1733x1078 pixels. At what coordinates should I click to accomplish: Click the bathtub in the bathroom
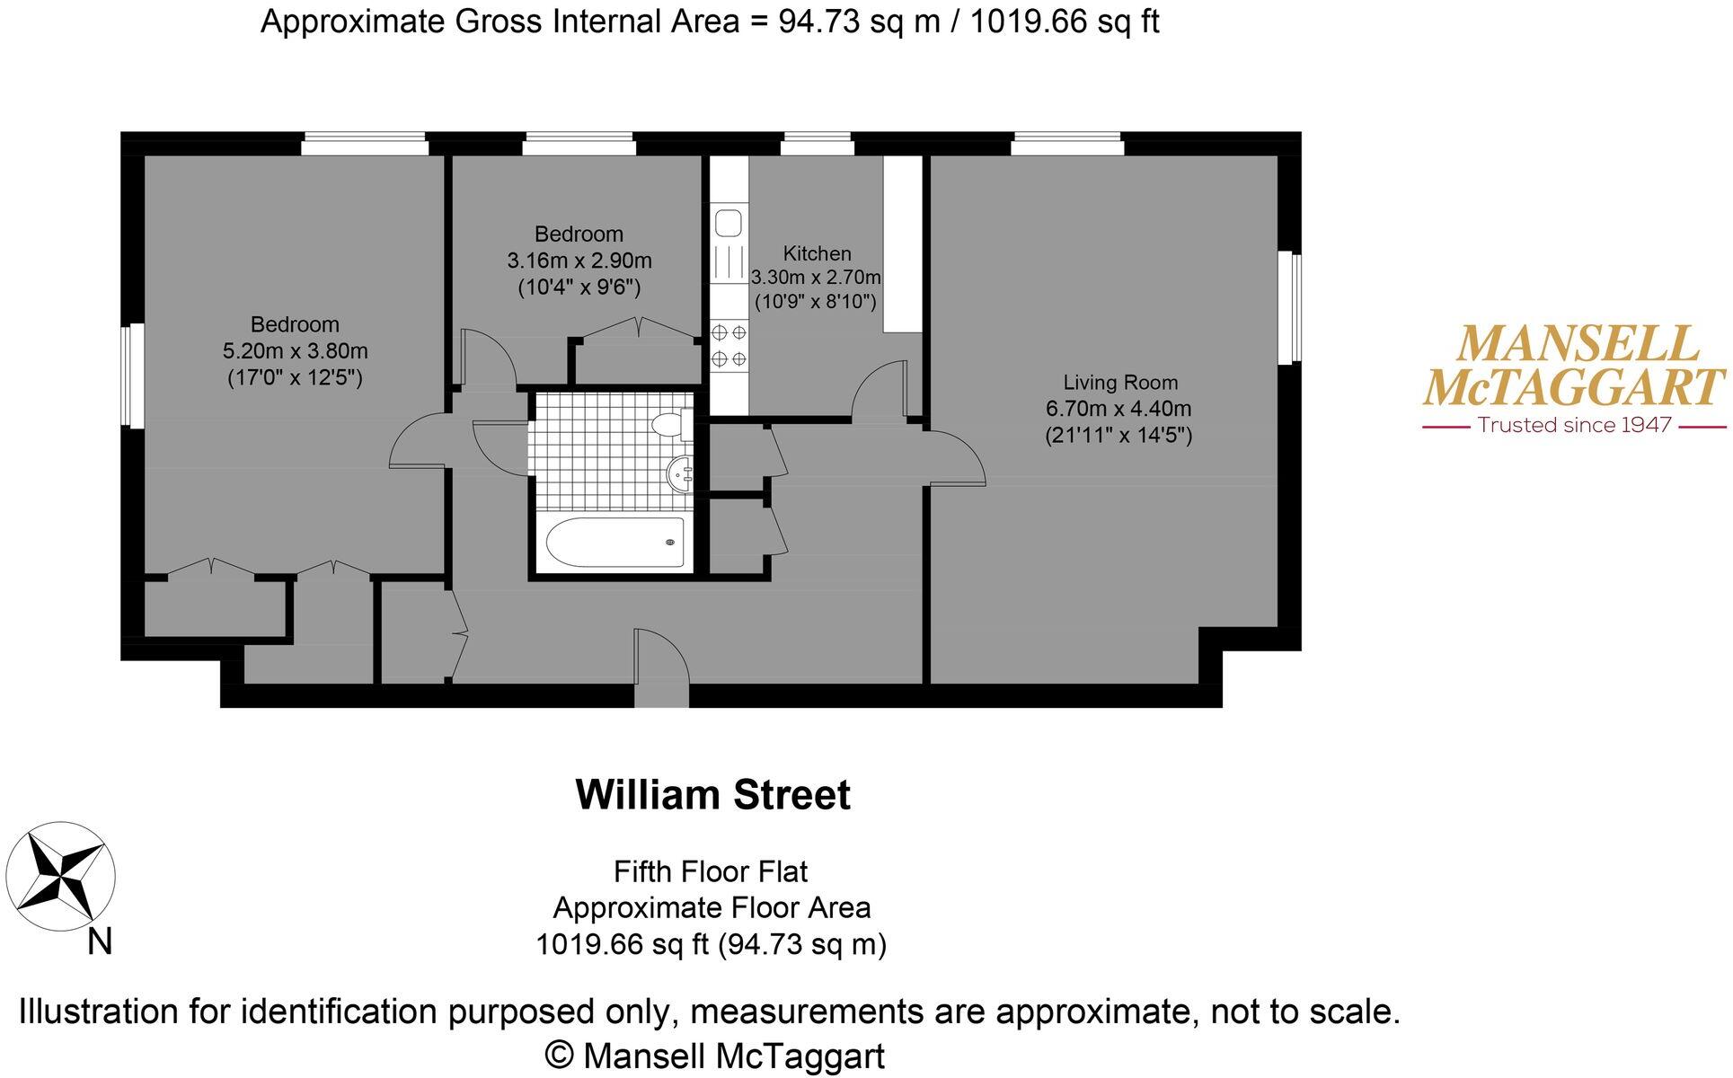(615, 542)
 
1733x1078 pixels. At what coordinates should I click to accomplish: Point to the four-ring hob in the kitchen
(729, 346)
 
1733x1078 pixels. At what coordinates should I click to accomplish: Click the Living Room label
(1119, 382)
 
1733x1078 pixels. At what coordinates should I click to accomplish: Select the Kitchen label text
(817, 253)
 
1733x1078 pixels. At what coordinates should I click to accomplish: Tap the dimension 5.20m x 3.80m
(295, 351)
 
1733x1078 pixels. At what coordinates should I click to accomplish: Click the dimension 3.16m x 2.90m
(579, 261)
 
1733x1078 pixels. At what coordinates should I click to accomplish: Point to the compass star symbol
(60, 877)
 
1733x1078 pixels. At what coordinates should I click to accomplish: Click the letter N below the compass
(100, 942)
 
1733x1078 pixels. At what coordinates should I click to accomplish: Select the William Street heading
(712, 795)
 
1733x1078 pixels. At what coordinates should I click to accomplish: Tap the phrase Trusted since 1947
(1574, 425)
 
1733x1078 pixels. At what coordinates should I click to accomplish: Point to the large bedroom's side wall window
(134, 376)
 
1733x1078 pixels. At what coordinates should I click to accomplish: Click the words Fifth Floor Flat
(710, 871)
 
